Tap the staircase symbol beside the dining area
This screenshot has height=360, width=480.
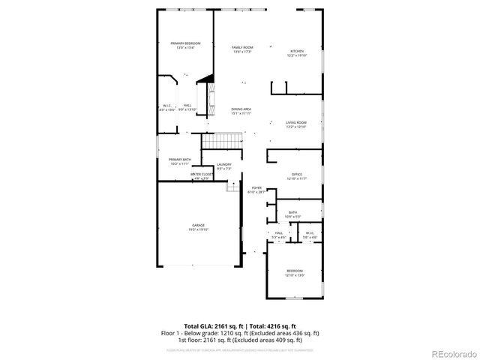click(x=223, y=140)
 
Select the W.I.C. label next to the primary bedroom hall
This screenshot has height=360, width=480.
click(x=167, y=107)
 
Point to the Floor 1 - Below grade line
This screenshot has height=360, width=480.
click(x=240, y=333)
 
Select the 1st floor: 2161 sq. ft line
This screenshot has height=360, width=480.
click(x=240, y=339)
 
